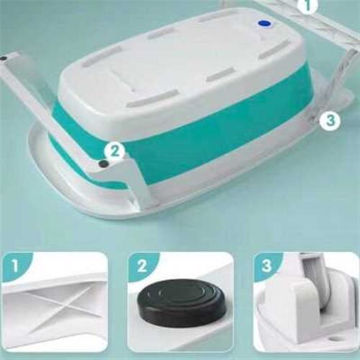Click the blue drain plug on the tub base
point(264,23)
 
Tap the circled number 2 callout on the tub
point(114,151)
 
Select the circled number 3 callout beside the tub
point(330,120)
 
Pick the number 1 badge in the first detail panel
point(15,266)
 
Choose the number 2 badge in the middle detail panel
point(142,266)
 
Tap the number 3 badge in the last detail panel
point(266,266)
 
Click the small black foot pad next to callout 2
point(104,164)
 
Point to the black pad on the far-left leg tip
point(4,58)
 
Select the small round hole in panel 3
point(334,340)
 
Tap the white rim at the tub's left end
point(45,153)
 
